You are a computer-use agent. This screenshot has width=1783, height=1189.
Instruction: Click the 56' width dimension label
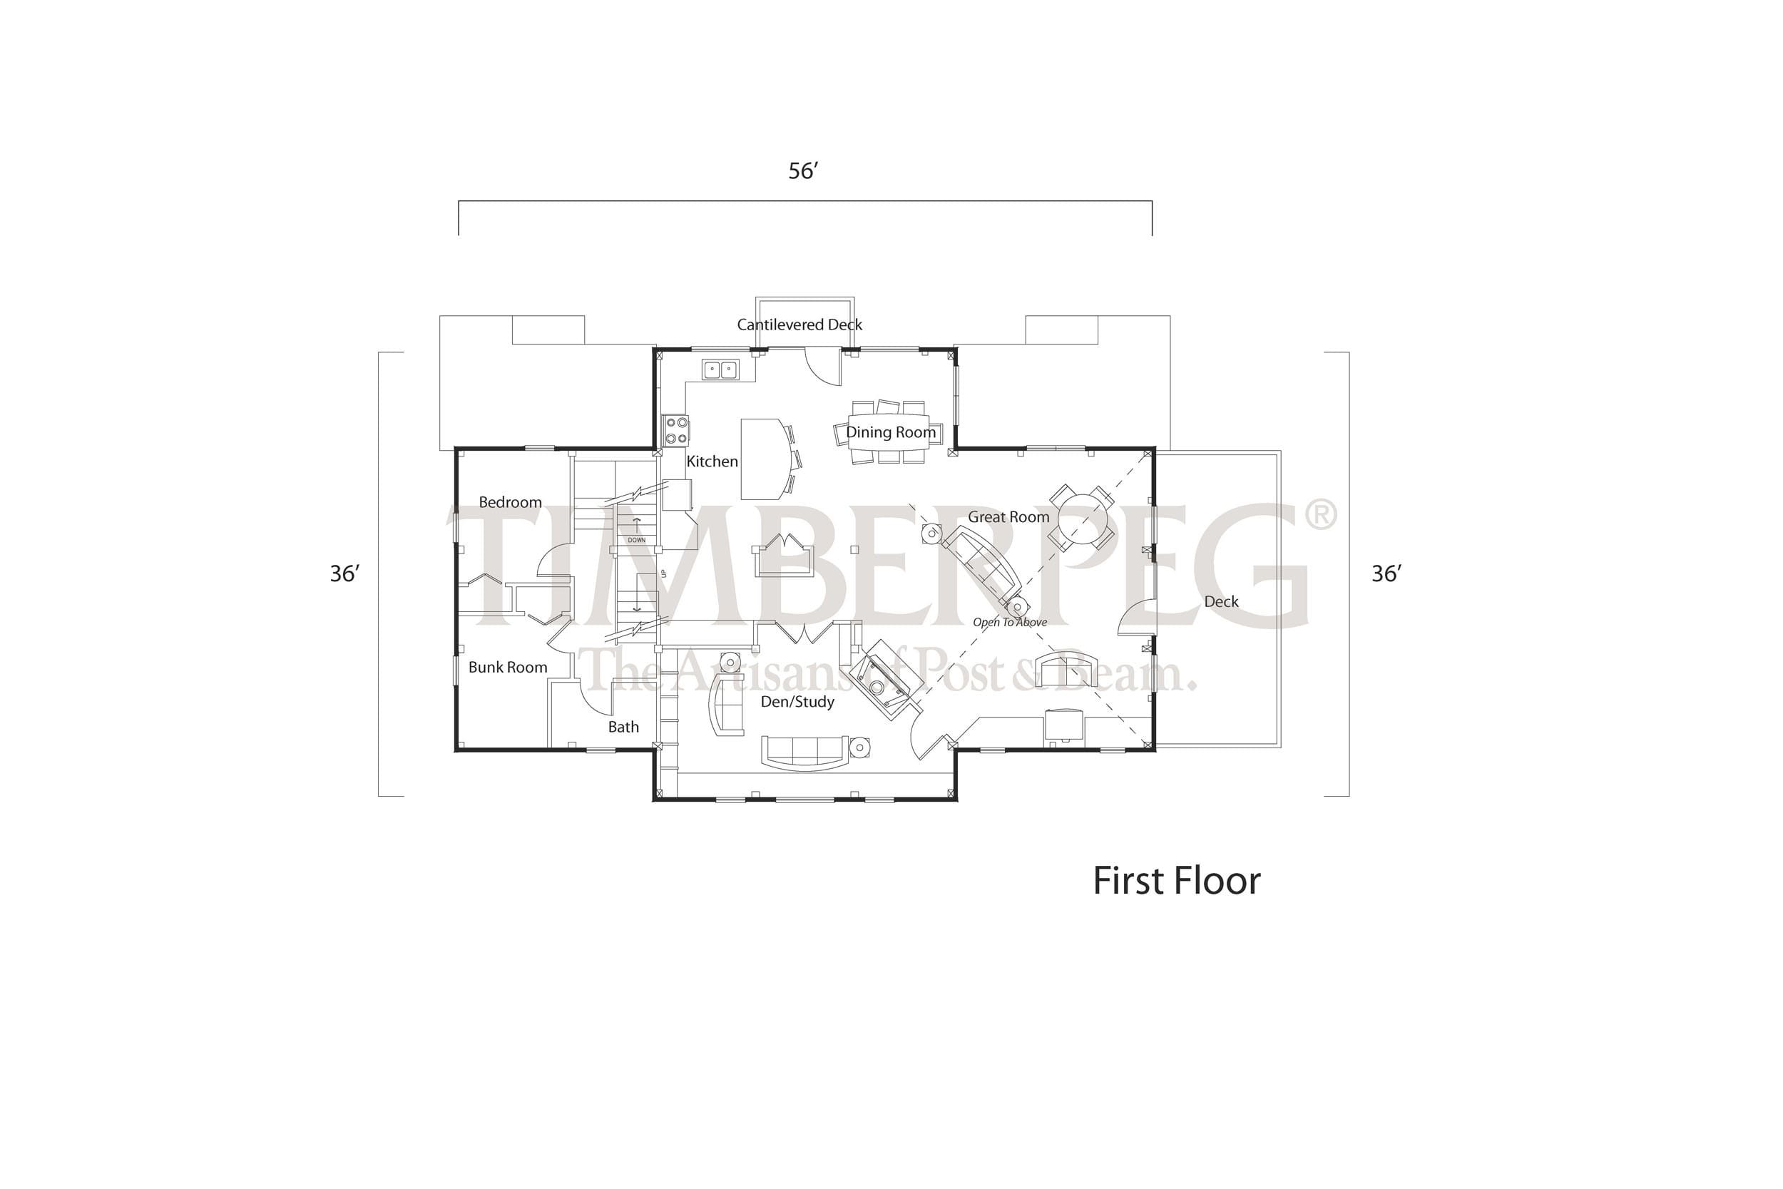click(804, 171)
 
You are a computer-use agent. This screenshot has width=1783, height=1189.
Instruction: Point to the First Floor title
click(1177, 881)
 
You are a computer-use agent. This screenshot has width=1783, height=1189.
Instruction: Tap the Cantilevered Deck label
click(799, 325)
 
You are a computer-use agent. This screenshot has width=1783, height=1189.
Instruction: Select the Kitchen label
click(712, 461)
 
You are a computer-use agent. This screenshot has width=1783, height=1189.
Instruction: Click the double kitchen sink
click(720, 370)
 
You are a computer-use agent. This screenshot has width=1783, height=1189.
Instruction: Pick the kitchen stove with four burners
click(676, 431)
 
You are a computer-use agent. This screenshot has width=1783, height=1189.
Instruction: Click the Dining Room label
click(891, 432)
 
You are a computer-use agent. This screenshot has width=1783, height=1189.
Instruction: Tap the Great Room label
click(1008, 517)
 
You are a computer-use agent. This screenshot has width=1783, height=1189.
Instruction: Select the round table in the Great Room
click(1082, 517)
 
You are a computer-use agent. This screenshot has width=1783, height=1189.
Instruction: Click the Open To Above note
click(1010, 623)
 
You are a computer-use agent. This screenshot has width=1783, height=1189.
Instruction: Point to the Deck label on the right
click(1221, 601)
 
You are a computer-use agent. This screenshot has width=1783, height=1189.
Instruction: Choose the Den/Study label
click(797, 702)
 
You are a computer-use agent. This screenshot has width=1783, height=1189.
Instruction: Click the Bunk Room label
click(508, 668)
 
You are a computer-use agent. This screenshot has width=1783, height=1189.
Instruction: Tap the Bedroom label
click(510, 502)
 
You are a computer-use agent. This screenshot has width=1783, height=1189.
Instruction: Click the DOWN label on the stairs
click(637, 541)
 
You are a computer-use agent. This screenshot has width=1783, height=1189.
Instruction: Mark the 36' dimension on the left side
click(344, 574)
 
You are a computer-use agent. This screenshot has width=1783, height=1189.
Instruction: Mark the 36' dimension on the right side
click(1386, 574)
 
